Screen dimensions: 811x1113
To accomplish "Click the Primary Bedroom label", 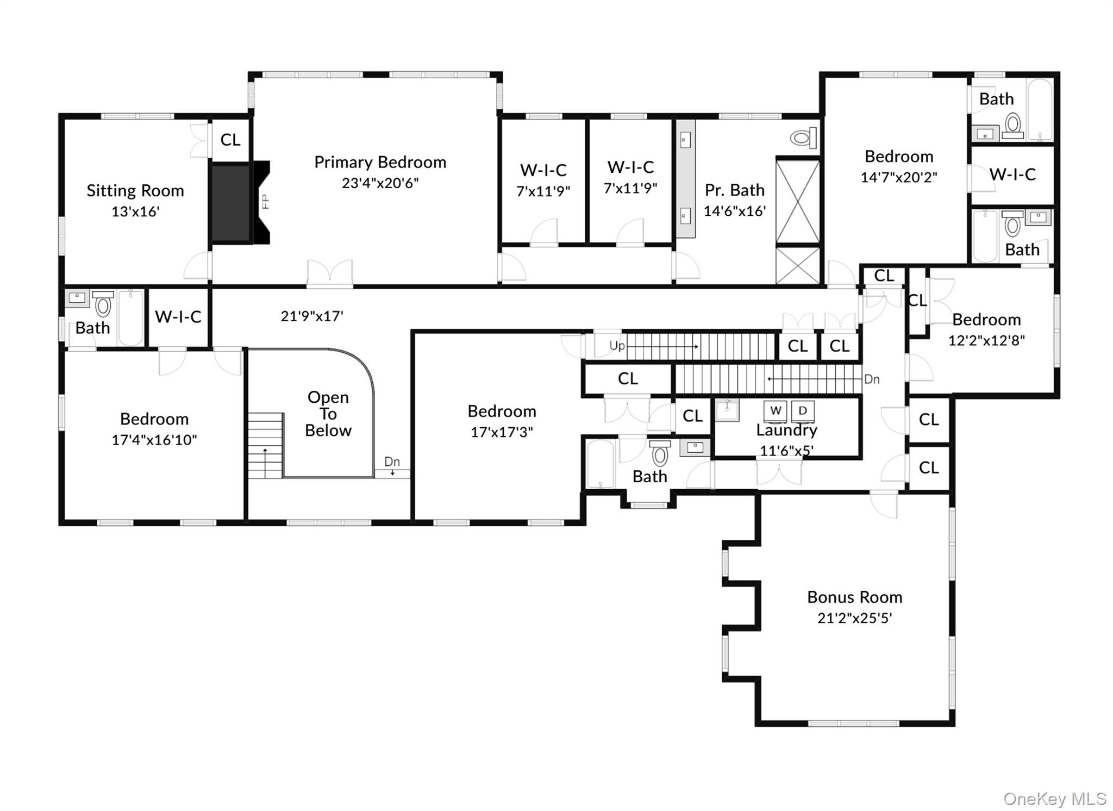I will (380, 162).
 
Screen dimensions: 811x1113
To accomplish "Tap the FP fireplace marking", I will (265, 202).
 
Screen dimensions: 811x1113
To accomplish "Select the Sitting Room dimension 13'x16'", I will (135, 211).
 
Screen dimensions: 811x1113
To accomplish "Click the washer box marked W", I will (776, 410).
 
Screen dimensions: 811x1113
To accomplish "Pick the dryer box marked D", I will (803, 410).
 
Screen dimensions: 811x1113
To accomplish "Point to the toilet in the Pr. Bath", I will (804, 138).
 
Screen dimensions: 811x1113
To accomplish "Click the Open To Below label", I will (328, 414).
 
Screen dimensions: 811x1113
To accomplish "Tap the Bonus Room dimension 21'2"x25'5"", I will (854, 618).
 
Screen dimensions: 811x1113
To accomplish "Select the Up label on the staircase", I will (617, 346).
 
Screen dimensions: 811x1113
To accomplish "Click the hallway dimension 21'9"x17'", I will (312, 316).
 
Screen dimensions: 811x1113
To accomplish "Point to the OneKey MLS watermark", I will (1054, 798).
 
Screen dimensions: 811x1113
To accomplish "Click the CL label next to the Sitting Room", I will (230, 140).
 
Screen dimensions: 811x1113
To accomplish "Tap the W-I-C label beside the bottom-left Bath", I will (178, 316).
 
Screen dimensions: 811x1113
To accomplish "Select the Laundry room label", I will (786, 430).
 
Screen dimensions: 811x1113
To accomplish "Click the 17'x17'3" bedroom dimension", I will (502, 432).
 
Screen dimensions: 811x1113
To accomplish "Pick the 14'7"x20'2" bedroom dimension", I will (899, 177).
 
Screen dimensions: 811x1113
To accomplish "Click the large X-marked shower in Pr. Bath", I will (797, 201).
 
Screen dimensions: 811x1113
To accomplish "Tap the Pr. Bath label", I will (734, 190).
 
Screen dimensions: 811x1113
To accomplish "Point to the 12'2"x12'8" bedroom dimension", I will (986, 340).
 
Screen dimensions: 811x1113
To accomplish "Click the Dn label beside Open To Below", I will (392, 461).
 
